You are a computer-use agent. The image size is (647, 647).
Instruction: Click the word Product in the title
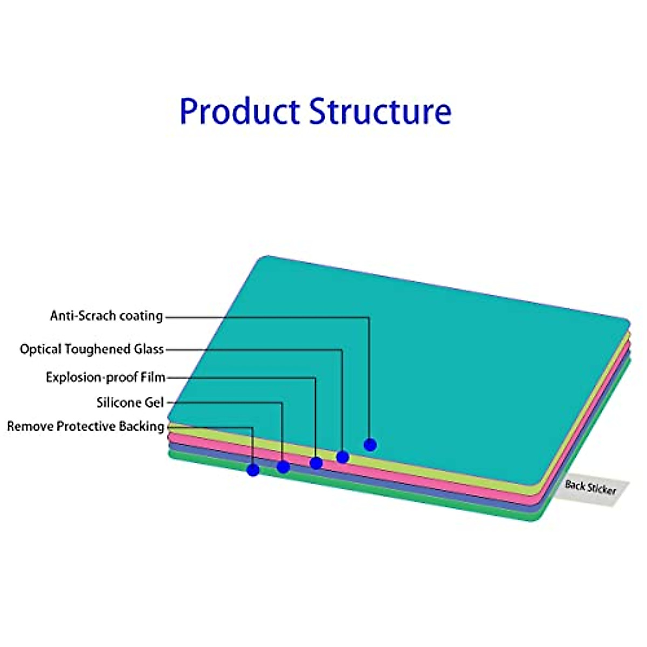click(240, 111)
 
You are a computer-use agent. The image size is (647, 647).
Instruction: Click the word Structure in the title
click(380, 111)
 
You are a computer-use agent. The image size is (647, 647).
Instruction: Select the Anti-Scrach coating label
click(106, 315)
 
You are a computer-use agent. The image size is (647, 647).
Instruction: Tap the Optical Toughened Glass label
click(92, 349)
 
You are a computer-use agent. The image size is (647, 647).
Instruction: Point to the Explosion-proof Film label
click(105, 377)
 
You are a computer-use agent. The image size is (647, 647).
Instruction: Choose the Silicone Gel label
click(130, 402)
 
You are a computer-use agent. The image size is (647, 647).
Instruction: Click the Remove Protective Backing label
click(85, 426)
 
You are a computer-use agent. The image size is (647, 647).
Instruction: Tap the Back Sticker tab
click(590, 488)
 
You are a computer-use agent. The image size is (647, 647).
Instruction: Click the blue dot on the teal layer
click(370, 445)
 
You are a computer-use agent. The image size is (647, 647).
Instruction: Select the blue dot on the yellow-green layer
click(342, 457)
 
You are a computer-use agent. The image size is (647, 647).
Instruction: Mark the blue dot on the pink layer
click(316, 463)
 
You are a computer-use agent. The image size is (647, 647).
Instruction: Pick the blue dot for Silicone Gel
click(283, 467)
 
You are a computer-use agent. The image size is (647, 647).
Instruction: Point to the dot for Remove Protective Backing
click(253, 470)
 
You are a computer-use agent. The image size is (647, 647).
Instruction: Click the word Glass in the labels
click(149, 349)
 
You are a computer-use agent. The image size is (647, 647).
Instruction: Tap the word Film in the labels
click(153, 377)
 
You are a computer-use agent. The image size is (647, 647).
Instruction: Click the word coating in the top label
click(141, 315)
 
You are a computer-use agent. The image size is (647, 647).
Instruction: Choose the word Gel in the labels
click(154, 402)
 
